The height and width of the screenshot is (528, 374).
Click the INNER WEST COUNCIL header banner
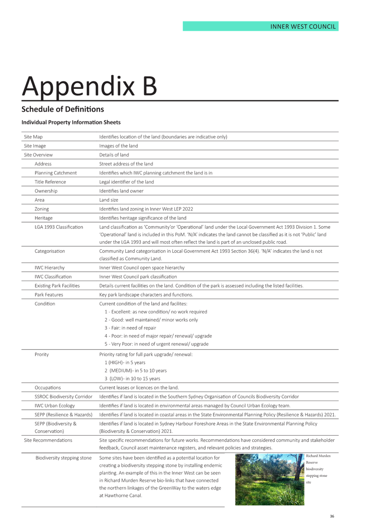tap(260, 27)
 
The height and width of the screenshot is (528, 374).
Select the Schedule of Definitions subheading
tap(63, 109)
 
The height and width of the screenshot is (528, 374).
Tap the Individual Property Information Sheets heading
tap(71, 122)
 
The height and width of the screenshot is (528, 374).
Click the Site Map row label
tap(33, 137)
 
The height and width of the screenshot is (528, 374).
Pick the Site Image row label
tap(35, 146)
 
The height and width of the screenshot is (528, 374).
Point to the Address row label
tap(43, 164)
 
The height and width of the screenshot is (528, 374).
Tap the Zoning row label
tap(42, 209)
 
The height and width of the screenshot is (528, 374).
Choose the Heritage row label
tap(44, 218)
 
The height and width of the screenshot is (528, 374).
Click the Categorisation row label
tap(50, 251)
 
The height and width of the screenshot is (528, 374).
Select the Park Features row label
tap(49, 295)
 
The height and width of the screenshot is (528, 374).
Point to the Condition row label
tap(45, 303)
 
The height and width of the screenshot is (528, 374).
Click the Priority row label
tap(42, 354)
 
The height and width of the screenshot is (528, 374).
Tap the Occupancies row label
tap(48, 388)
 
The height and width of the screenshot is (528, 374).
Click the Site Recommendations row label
tap(48, 440)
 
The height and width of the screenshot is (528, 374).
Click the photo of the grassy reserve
tap(270, 479)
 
